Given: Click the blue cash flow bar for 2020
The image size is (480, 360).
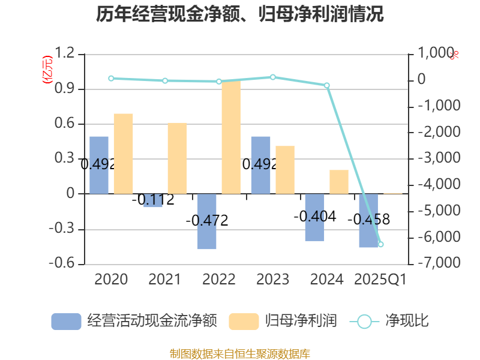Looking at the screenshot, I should coord(99,165).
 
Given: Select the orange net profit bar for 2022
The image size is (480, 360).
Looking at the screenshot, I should coord(231,137).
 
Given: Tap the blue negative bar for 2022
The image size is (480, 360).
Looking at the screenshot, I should coord(206,221).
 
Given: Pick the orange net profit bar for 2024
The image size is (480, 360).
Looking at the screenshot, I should coord(339,182).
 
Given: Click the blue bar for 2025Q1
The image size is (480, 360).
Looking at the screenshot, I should coord(368,220).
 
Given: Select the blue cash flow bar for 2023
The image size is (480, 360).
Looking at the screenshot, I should coord(260,165).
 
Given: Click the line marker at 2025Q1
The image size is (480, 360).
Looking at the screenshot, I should coord(380,244).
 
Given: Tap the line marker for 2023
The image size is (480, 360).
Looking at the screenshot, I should coord(272,77).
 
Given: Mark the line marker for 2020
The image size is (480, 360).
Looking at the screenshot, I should coord(111,78).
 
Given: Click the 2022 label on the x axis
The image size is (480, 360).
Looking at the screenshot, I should coord(218,279).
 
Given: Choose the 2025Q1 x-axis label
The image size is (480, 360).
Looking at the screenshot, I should coord(380,279).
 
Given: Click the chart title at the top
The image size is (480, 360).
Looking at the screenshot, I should coord(240,14).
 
